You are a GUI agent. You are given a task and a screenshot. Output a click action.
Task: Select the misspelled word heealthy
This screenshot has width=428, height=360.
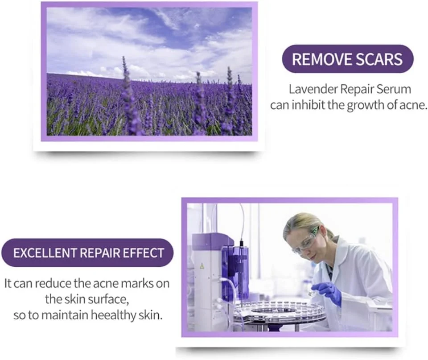113,315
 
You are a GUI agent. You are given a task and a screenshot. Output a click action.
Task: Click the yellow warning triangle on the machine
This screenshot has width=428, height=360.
202,265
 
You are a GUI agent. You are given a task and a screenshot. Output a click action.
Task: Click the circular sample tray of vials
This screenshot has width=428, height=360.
280,311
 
